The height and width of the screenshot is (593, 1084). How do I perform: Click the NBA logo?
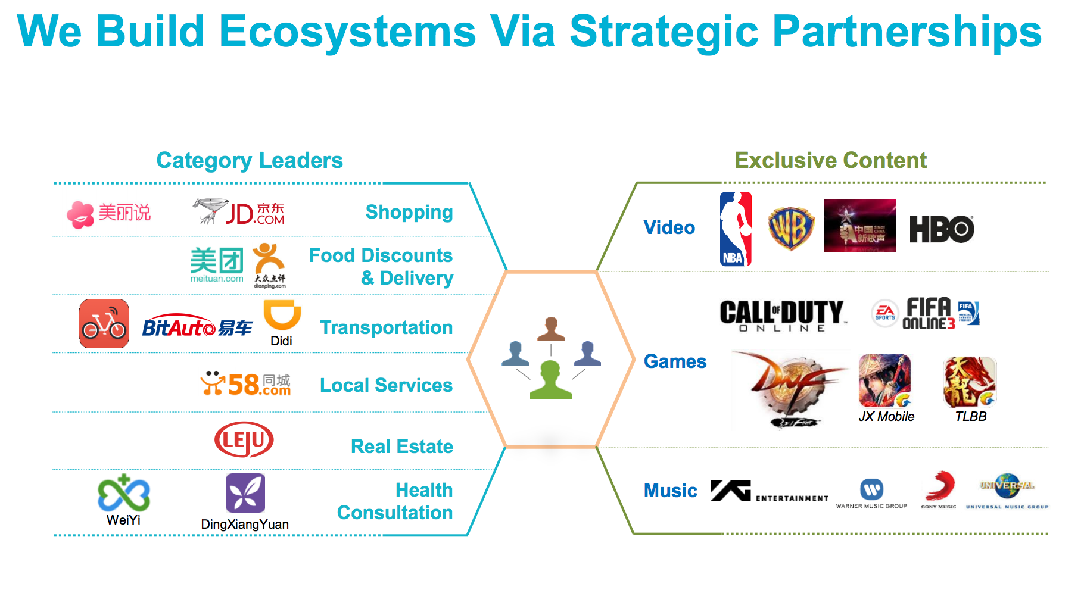coord(736,229)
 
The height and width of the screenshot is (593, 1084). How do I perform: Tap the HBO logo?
coord(942,229)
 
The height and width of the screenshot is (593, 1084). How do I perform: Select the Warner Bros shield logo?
coord(790,228)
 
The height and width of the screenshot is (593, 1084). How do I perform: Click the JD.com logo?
coord(240,212)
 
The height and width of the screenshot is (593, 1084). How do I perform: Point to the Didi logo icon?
coord(282,316)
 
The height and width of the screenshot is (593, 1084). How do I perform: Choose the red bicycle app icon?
coord(104,324)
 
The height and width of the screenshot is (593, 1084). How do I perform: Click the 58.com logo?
coord(246,384)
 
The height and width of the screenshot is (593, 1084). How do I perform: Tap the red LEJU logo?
coord(244,440)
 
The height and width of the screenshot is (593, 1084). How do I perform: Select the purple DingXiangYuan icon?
coord(245,493)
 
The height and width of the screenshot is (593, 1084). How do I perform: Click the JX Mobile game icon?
coord(885,381)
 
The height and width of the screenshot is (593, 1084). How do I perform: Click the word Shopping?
coord(409,212)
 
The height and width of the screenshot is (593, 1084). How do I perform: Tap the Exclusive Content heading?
coord(830,160)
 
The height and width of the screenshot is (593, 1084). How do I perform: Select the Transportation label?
coord(386,327)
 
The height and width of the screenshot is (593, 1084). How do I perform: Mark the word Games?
coord(675,361)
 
